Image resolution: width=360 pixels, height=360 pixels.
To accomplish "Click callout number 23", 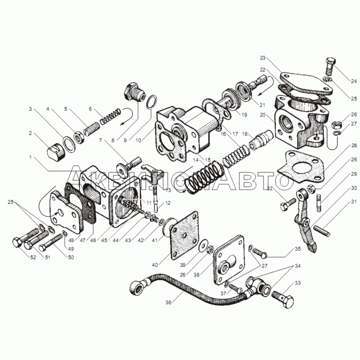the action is [263, 58].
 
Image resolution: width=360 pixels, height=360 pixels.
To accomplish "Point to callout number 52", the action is [33, 257].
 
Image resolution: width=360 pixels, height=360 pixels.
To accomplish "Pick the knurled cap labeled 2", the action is [56, 152].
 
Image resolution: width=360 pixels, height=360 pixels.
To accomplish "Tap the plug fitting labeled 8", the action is [134, 93].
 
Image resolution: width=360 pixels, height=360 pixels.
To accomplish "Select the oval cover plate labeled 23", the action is [306, 84].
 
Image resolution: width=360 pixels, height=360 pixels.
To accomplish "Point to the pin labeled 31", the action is [323, 231].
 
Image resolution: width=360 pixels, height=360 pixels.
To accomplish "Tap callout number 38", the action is [197, 274].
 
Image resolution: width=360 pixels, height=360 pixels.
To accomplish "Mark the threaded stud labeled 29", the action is [319, 203].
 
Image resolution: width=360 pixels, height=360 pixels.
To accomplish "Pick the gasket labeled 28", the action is [301, 167].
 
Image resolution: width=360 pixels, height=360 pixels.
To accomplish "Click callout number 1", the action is [30, 157].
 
